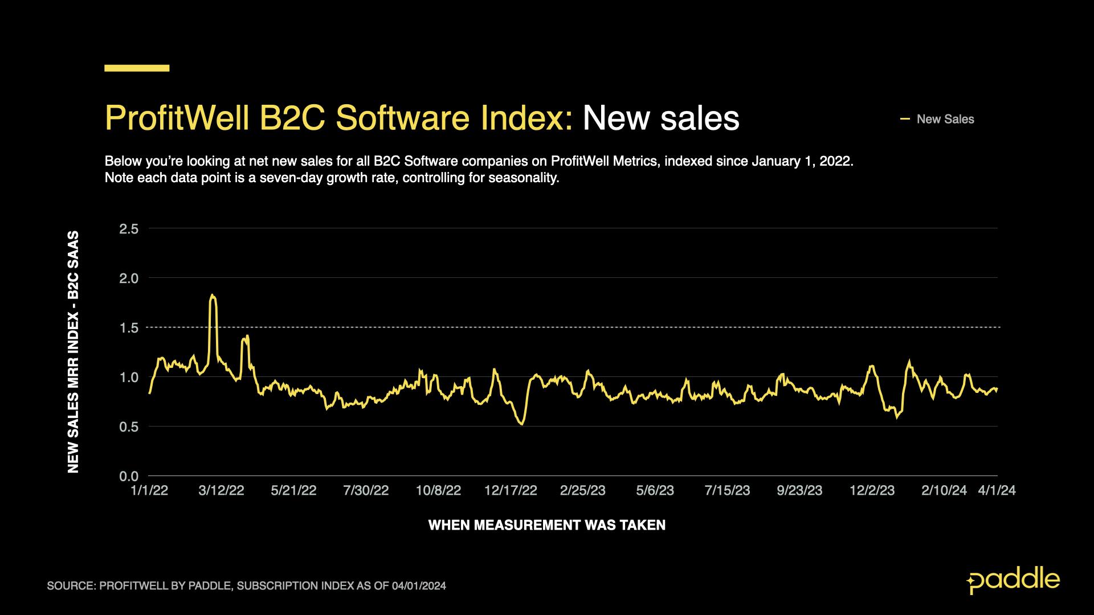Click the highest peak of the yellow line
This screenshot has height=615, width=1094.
coord(212,295)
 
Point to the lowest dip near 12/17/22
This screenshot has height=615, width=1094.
coord(522,424)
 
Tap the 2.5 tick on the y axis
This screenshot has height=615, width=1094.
coord(128,229)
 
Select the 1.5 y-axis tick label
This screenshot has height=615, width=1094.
coord(128,328)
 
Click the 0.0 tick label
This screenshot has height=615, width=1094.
coord(128,476)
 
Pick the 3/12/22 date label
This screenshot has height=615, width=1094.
coord(221,491)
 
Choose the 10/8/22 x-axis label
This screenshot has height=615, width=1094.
coord(438,491)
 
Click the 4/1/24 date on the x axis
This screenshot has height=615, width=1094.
coord(997,491)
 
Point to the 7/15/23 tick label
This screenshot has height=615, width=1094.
coord(727,491)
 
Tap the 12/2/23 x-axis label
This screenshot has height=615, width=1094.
coord(872,491)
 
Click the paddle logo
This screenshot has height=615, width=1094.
coord(1013,580)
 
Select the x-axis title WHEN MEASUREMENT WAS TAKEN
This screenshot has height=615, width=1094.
coord(546,525)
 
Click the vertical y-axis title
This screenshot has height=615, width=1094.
coord(74,351)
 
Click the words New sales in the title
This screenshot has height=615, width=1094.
coord(660,118)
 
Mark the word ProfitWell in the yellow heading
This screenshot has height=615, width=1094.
coord(177,118)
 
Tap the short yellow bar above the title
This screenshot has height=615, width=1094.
coord(137,68)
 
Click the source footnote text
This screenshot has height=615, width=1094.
coord(246,586)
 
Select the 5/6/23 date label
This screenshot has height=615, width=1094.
coord(655,491)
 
